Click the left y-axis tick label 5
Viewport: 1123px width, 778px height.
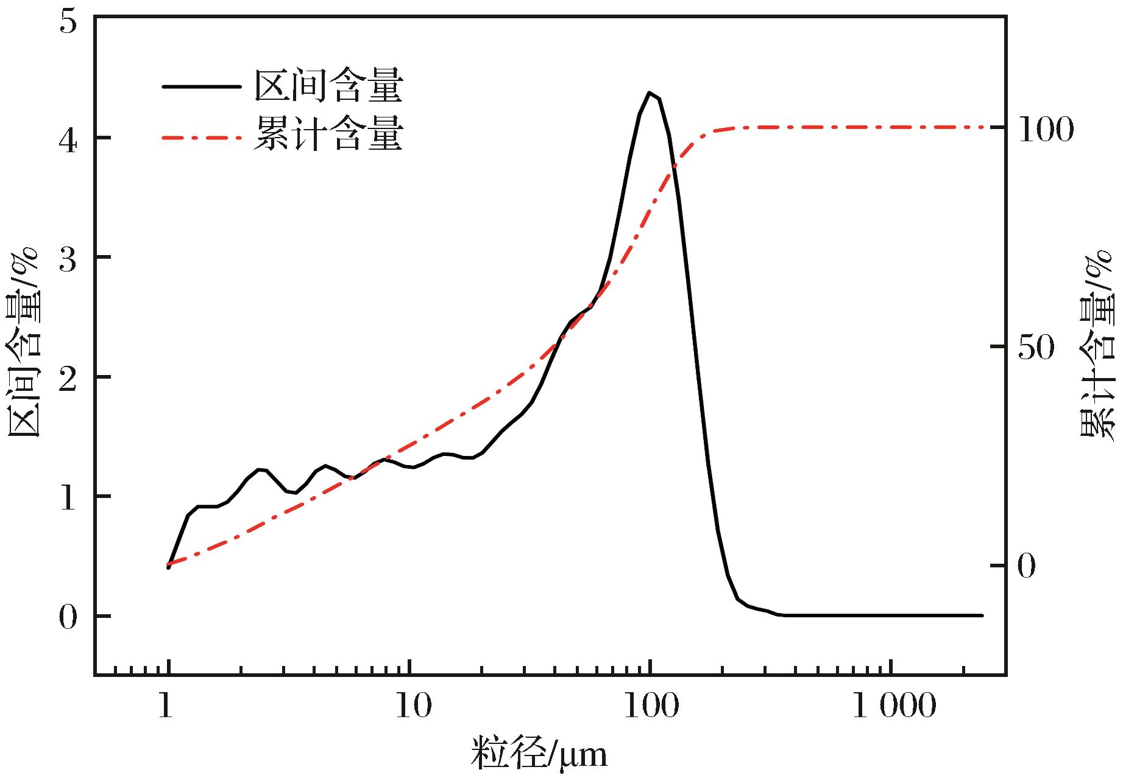pyautogui.click(x=69, y=21)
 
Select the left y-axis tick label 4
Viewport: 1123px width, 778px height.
pyautogui.click(x=69, y=139)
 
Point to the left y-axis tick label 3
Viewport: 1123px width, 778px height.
pyautogui.click(x=69, y=258)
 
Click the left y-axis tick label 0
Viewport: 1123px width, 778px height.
pyautogui.click(x=69, y=617)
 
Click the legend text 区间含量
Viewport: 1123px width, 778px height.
pyautogui.click(x=328, y=86)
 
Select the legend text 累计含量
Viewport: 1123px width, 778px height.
pyautogui.click(x=328, y=135)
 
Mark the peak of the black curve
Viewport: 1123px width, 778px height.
pyautogui.click(x=650, y=93)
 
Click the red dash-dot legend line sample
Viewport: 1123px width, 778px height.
pyautogui.click(x=201, y=138)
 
